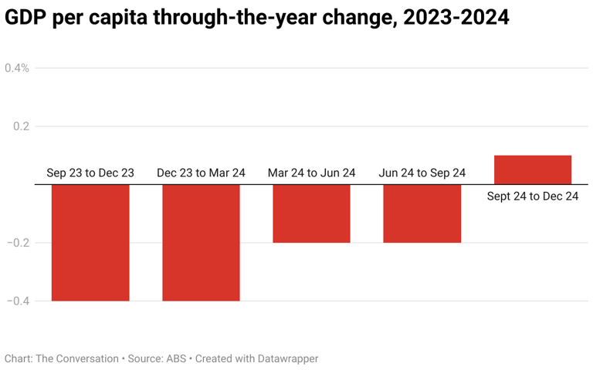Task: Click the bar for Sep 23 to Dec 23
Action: (x=90, y=242)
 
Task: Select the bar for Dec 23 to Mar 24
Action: (x=201, y=242)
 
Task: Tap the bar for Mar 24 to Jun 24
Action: (x=311, y=214)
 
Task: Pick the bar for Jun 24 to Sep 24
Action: (x=422, y=214)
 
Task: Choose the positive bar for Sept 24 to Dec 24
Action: (x=533, y=170)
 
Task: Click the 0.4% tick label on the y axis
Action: (x=17, y=68)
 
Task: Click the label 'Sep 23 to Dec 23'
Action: (x=90, y=173)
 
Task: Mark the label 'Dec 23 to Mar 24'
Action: (x=201, y=173)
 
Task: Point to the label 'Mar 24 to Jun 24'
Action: (x=311, y=173)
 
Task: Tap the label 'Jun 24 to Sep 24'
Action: (x=422, y=173)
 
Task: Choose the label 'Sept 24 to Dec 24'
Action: (x=533, y=197)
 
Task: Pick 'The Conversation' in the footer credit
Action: (x=77, y=358)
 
